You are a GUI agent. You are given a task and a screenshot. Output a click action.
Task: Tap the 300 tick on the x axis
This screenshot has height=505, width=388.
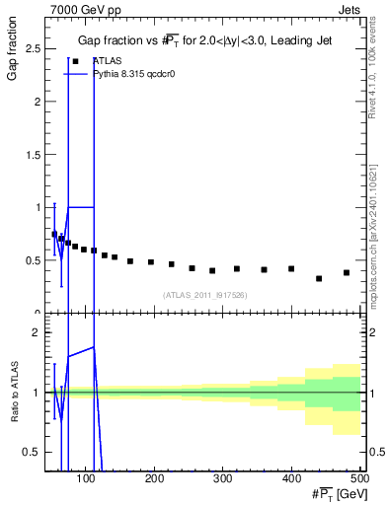(x=223, y=478)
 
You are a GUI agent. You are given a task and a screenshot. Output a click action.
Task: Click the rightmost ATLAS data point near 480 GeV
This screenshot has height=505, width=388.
(x=347, y=272)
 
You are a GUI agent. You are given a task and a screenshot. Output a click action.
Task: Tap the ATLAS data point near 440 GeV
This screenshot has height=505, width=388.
(x=319, y=278)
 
